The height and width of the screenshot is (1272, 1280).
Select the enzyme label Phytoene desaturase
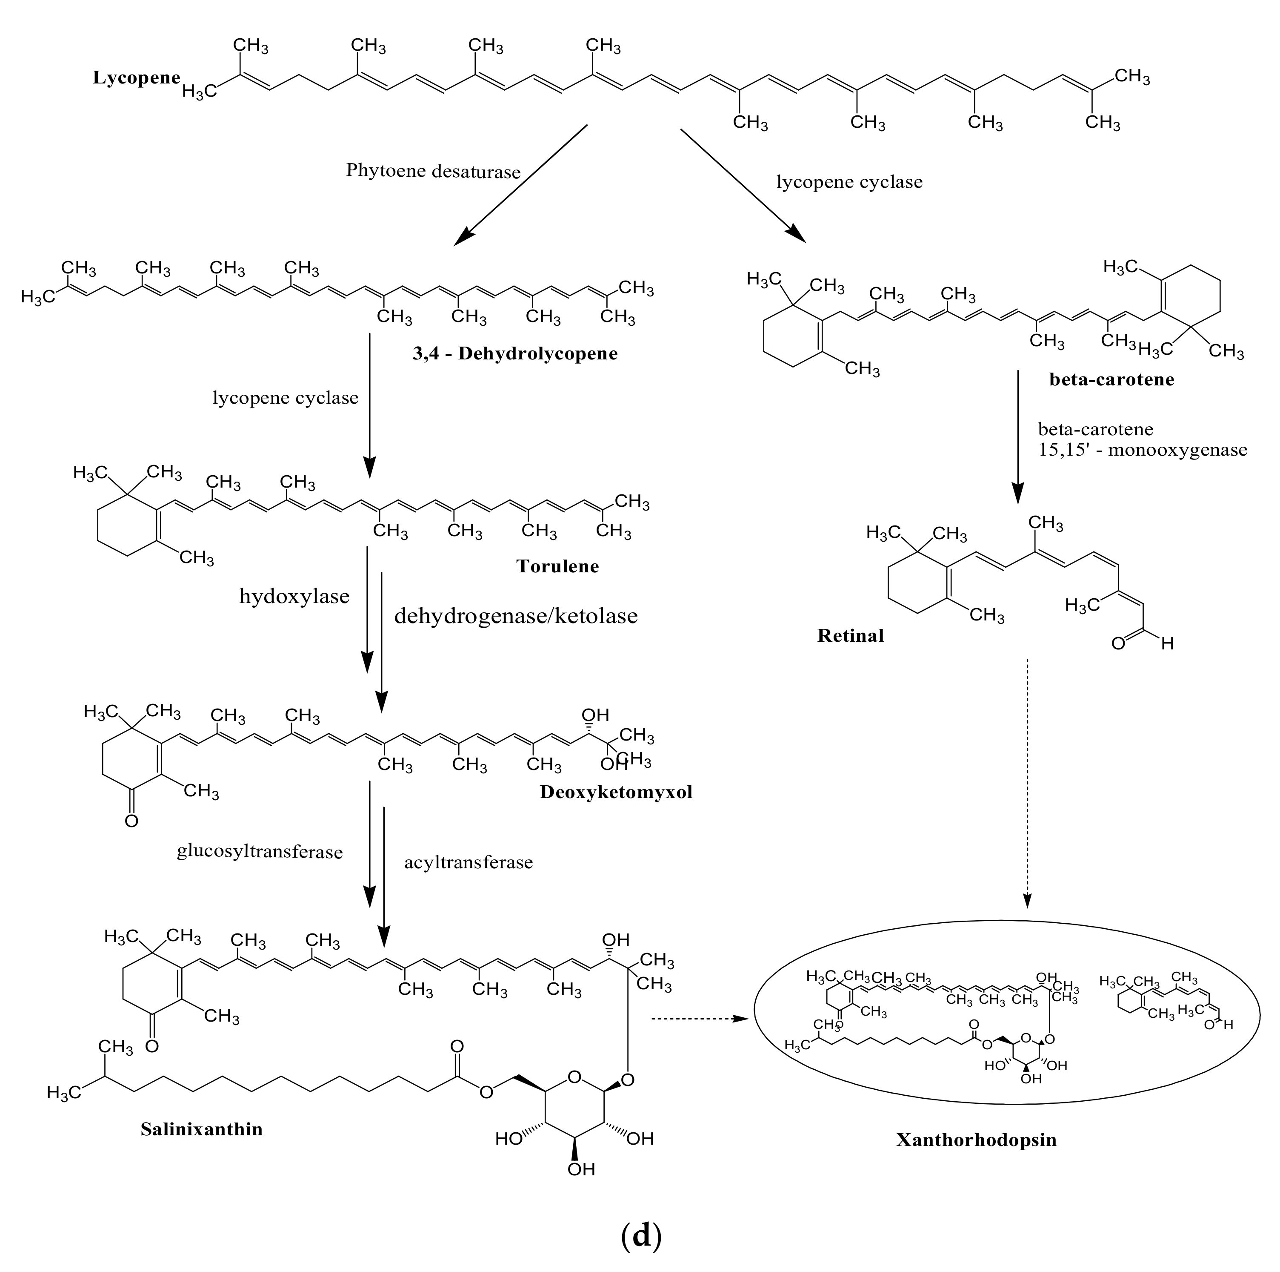(433, 172)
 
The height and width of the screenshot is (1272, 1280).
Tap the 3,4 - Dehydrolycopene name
(515, 353)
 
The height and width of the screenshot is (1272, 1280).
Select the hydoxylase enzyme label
(294, 597)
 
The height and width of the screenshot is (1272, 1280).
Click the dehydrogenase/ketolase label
(515, 616)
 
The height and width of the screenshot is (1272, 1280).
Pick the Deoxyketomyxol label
(615, 792)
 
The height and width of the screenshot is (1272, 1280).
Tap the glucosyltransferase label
(260, 852)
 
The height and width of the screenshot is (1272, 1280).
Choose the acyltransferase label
(469, 862)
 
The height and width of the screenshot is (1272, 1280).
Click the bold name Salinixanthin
(201, 1129)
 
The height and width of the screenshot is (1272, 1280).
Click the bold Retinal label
(851, 636)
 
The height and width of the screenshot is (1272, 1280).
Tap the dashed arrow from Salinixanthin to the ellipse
(702, 1019)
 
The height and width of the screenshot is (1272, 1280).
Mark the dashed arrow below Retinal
(1027, 782)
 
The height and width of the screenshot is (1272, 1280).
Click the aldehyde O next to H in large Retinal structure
(1118, 643)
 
